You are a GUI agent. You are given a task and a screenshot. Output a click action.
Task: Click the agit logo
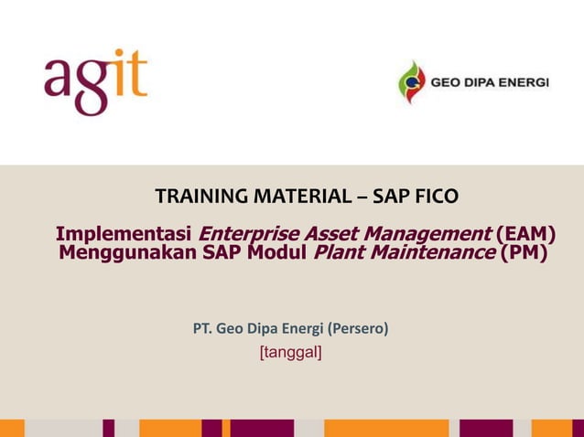(95, 81)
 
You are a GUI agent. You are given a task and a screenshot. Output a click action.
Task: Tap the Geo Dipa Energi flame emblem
(411, 82)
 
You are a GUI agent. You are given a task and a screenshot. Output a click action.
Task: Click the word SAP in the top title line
(394, 196)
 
